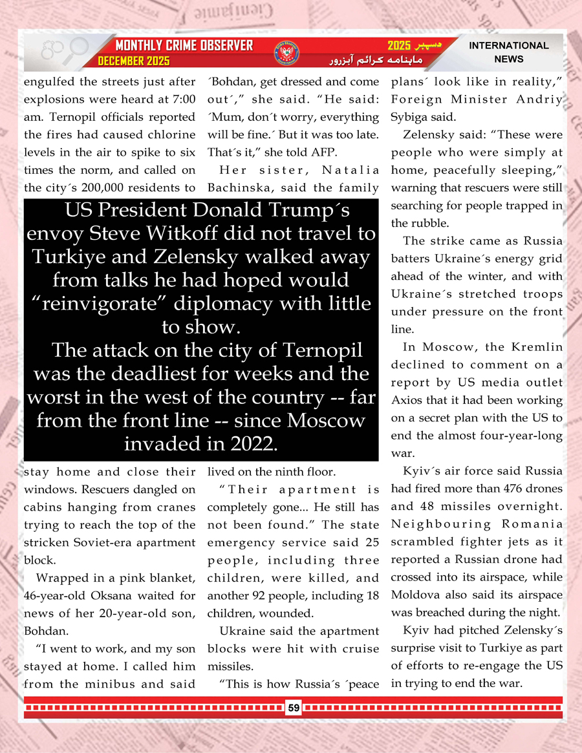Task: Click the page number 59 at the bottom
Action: [294, 708]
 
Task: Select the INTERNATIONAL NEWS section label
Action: [508, 52]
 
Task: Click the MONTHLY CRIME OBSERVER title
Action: [184, 46]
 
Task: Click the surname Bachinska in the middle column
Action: [237, 188]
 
